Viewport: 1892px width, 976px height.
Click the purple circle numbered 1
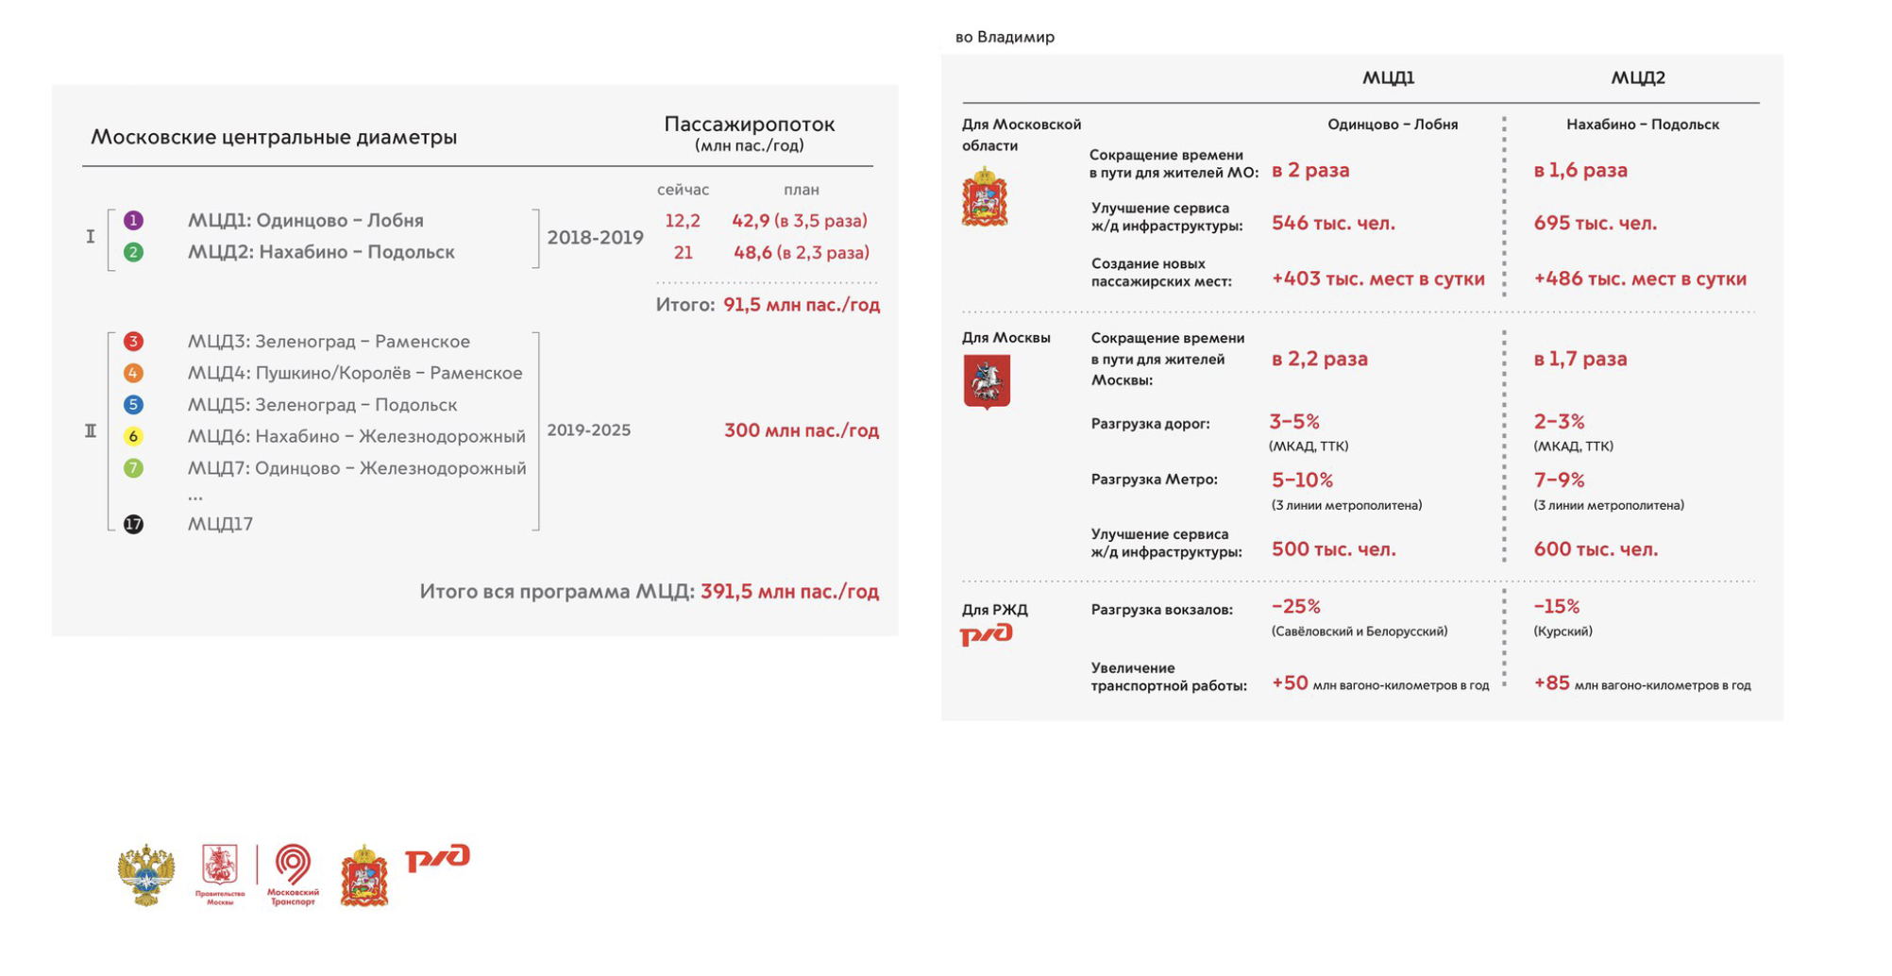134,221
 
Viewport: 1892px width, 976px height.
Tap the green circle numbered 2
134,253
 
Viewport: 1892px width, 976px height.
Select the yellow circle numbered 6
134,436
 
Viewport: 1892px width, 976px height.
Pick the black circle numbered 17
134,525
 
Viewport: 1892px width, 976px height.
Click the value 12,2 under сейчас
683,221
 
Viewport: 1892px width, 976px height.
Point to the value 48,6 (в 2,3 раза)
801,253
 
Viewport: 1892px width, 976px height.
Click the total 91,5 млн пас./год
801,305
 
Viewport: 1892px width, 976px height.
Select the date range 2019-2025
588,430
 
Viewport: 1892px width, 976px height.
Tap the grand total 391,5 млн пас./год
789,592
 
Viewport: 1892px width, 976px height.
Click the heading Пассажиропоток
750,124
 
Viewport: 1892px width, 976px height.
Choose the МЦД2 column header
1638,77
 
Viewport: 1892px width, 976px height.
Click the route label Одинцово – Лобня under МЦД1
1393,125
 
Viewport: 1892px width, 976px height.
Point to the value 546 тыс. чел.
1333,224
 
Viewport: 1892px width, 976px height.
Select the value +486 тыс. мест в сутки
1640,279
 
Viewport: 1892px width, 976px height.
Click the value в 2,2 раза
1319,360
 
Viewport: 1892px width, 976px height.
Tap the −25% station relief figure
1295,607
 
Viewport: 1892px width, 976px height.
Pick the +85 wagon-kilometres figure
1551,683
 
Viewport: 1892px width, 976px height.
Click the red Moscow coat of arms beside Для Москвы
987,381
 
